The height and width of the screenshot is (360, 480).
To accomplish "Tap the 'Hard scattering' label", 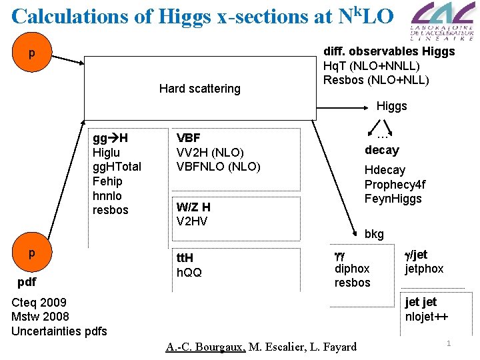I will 199,89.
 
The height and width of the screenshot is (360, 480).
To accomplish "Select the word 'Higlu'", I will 106,153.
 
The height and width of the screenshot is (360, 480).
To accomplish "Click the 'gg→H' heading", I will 110,138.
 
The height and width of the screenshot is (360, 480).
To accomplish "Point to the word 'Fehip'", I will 107,181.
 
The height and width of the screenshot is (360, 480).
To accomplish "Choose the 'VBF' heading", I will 189,138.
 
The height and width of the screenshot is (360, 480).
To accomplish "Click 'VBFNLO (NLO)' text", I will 218,167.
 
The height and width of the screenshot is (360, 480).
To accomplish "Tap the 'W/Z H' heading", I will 193,207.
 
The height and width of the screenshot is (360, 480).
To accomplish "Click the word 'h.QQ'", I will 189,272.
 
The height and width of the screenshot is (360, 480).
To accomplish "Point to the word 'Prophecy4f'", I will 395,185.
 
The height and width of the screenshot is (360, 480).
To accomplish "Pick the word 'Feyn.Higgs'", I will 393,199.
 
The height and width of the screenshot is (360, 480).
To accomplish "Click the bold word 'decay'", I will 382,150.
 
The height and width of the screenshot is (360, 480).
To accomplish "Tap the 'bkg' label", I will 374,234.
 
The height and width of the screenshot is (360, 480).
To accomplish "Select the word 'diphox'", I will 352,268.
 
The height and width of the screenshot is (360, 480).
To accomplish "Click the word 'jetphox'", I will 424,269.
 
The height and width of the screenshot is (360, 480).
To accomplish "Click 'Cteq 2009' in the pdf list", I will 39,303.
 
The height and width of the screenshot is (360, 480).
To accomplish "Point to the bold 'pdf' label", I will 27,282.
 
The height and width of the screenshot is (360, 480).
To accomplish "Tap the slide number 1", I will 449,343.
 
